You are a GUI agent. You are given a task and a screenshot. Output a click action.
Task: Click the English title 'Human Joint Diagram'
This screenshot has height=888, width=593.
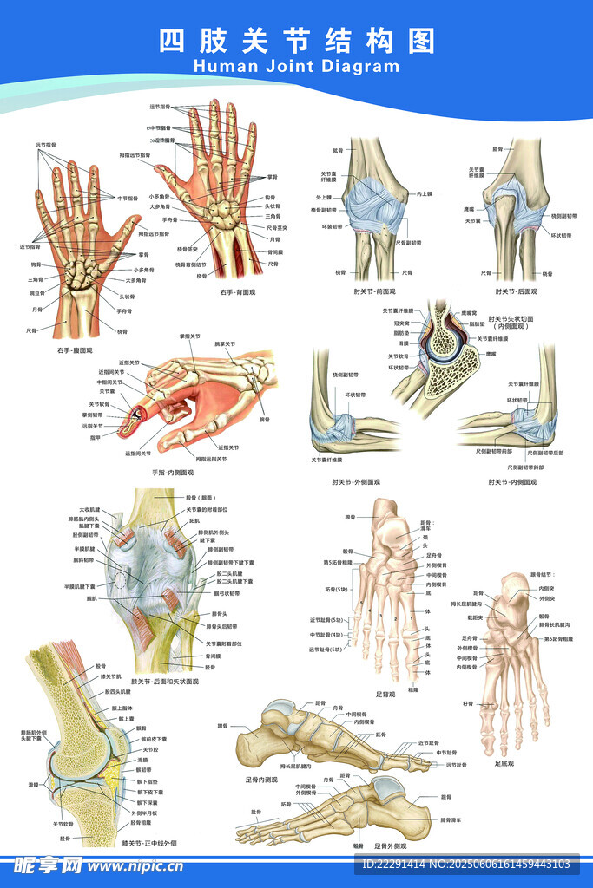point(296,66)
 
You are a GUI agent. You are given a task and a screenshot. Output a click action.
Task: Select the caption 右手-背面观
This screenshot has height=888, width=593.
point(238,292)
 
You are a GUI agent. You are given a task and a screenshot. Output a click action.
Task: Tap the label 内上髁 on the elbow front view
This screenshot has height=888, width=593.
point(424,193)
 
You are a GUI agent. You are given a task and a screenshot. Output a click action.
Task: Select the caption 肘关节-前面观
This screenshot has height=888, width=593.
point(377,292)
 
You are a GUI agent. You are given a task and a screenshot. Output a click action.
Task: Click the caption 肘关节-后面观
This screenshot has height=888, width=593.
point(512,292)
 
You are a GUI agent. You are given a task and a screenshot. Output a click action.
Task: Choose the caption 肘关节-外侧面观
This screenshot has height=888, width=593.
point(355,481)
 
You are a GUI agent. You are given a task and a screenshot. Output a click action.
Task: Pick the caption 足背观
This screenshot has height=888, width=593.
point(385,694)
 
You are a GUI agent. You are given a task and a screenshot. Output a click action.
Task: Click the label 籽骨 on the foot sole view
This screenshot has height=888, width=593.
point(468,702)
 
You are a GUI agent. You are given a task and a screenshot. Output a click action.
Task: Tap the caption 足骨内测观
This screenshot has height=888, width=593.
point(262,780)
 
